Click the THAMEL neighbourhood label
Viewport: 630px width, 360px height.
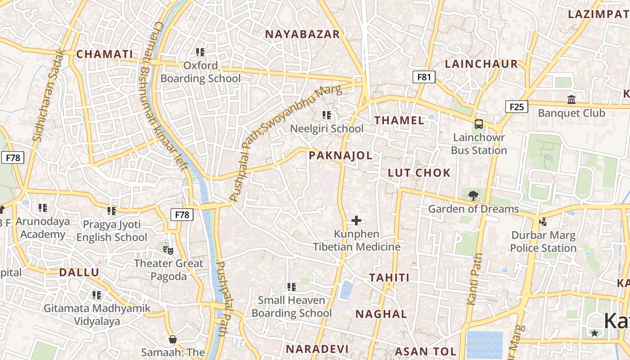pyautogui.click(x=399, y=120)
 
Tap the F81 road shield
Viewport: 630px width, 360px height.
pyautogui.click(x=424, y=77)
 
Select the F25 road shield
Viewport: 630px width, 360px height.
pyautogui.click(x=517, y=107)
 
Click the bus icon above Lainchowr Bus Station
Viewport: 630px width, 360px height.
pyautogui.click(x=479, y=124)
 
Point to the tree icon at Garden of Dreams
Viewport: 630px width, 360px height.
pyautogui.click(x=473, y=195)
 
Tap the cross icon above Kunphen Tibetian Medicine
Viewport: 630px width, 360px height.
pyautogui.click(x=356, y=220)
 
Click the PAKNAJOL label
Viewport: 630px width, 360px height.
pyautogui.click(x=341, y=156)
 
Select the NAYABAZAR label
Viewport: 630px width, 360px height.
pyautogui.click(x=302, y=34)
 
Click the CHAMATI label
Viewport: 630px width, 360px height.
pyautogui.click(x=104, y=54)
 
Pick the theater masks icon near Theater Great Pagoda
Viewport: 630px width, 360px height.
pyautogui.click(x=168, y=249)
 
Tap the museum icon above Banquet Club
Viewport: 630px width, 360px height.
pyautogui.click(x=571, y=99)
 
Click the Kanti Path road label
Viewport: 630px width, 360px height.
pyautogui.click(x=475, y=279)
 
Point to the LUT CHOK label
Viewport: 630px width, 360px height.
pyautogui.click(x=419, y=173)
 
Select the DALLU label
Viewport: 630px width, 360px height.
pyautogui.click(x=79, y=272)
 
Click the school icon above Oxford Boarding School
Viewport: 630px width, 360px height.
pyautogui.click(x=200, y=52)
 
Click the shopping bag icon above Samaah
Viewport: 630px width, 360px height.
pyautogui.click(x=172, y=339)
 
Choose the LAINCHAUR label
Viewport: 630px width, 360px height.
pyautogui.click(x=481, y=64)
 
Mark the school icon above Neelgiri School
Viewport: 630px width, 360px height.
pyautogui.click(x=327, y=115)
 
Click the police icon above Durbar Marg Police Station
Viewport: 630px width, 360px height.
pyautogui.click(x=543, y=221)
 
